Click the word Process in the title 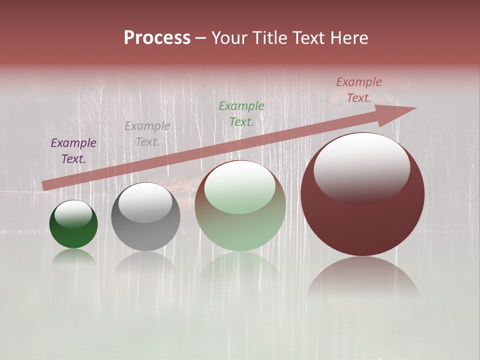[157, 38]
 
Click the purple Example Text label [73, 151]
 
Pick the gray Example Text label [147, 134]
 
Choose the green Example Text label [241, 113]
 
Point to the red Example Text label [359, 90]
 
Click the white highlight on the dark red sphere [361, 167]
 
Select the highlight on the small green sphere [73, 214]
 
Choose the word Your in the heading [230, 38]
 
